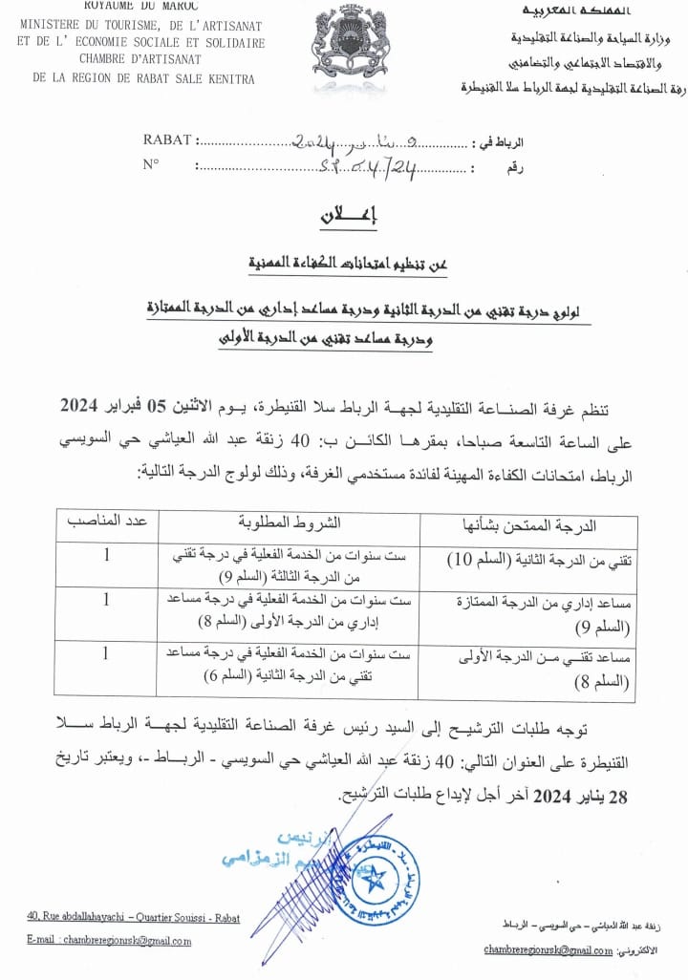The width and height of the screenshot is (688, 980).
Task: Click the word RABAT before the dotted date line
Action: (x=167, y=140)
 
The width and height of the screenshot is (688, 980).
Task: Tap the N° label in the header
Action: (x=151, y=164)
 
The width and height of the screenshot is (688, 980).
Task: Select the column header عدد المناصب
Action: (x=106, y=522)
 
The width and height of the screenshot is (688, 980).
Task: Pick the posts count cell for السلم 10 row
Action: (x=106, y=555)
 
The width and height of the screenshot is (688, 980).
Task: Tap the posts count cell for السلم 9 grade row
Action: (x=106, y=600)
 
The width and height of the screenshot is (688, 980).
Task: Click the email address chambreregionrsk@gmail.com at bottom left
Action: (x=110, y=941)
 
